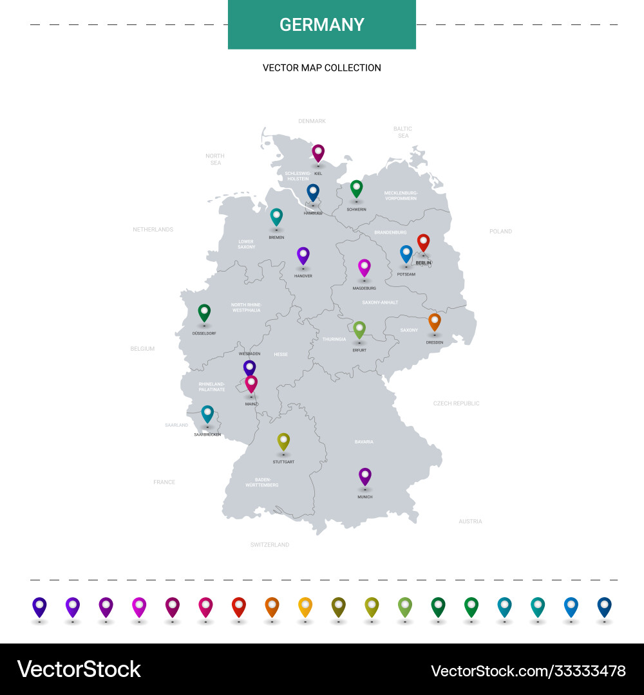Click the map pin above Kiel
318,153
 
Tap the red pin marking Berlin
423,242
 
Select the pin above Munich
365,476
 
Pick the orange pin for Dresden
435,321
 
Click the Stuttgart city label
283,462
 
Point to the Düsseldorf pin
204,313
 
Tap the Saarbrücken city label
207,434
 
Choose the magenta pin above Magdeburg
365,268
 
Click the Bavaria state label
364,442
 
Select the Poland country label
500,231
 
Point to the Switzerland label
270,544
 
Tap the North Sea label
215,159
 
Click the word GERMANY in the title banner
322,25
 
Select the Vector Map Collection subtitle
322,68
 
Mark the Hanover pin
303,255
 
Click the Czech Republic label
456,403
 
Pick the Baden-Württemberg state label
262,482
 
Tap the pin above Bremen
276,217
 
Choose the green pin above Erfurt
359,329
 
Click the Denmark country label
312,121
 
